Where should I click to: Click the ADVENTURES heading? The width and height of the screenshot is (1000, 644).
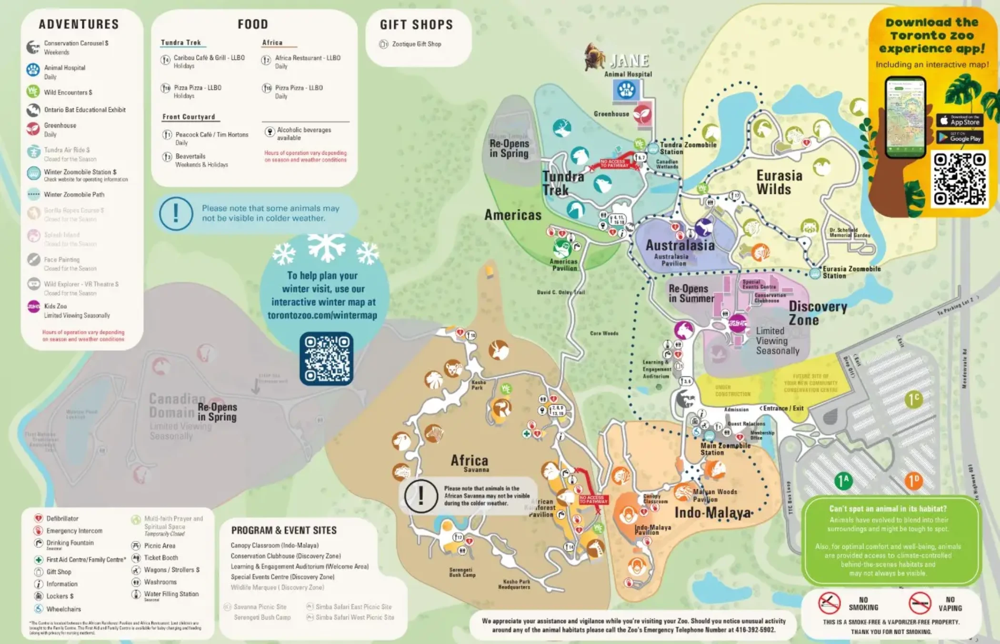coord(79,24)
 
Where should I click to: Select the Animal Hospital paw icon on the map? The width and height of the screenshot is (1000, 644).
coord(626,90)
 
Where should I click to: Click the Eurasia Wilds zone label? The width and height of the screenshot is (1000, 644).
coord(779,182)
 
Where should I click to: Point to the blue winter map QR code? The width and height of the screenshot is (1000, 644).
coord(326,358)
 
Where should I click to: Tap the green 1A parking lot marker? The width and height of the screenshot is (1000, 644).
coord(843,481)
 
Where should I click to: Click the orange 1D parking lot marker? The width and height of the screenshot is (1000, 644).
coord(913,481)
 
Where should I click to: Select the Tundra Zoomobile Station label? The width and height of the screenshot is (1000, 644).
coord(688,148)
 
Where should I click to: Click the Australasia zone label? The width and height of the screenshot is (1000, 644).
coord(680,246)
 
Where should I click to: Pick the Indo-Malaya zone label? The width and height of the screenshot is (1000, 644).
coord(713,513)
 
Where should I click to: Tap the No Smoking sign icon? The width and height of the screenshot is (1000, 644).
coord(829,603)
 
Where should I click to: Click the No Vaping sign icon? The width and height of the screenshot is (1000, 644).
coord(920,603)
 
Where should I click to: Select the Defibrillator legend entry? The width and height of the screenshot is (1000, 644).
coord(62,518)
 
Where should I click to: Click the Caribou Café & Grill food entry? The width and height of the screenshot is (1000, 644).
coord(209,58)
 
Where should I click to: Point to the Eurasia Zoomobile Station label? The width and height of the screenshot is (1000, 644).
coord(851,272)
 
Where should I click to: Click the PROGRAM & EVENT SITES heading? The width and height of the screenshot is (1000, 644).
coord(284,530)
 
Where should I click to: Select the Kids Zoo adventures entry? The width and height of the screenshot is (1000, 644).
coord(55,306)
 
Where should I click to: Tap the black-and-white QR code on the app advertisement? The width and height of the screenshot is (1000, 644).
coord(959,179)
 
